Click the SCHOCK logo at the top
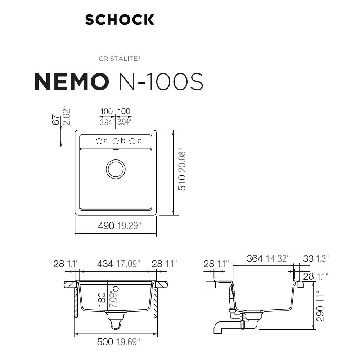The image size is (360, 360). click(120, 19)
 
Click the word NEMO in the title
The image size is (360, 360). click(71, 82)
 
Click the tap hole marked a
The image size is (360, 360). click(99, 141)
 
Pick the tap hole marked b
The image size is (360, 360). click(116, 141)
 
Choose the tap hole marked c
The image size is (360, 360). click(132, 141)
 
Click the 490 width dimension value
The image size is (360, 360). click(106, 226)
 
